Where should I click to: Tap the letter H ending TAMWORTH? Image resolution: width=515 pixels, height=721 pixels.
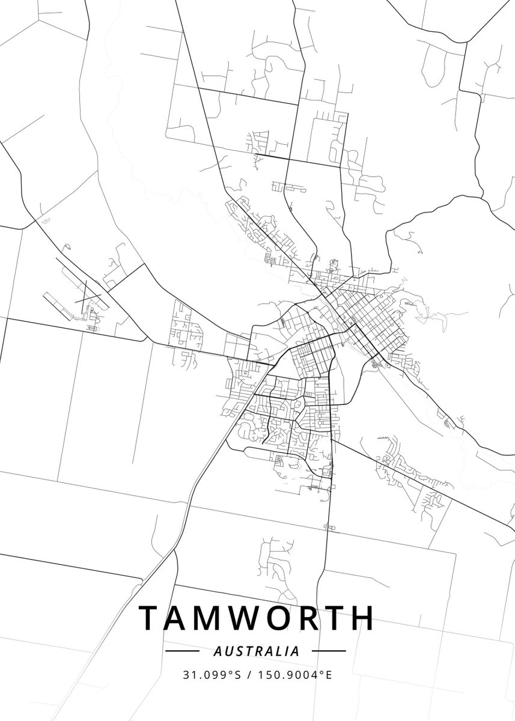coord(363,618)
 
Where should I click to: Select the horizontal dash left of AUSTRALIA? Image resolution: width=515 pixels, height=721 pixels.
coord(182,651)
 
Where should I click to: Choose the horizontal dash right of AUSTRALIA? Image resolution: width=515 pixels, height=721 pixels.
coord(329,651)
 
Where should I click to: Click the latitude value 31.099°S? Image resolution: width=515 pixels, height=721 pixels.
coord(212,675)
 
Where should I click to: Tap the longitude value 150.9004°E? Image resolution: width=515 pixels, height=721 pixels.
coord(295,675)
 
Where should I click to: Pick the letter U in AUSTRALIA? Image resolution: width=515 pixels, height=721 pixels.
coord(228,651)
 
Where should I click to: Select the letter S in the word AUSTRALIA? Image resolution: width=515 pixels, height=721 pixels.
coord(238,651)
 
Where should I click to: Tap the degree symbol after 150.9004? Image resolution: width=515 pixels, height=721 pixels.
coord(322,672)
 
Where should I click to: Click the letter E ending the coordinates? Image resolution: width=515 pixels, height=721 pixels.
coord(329,675)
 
